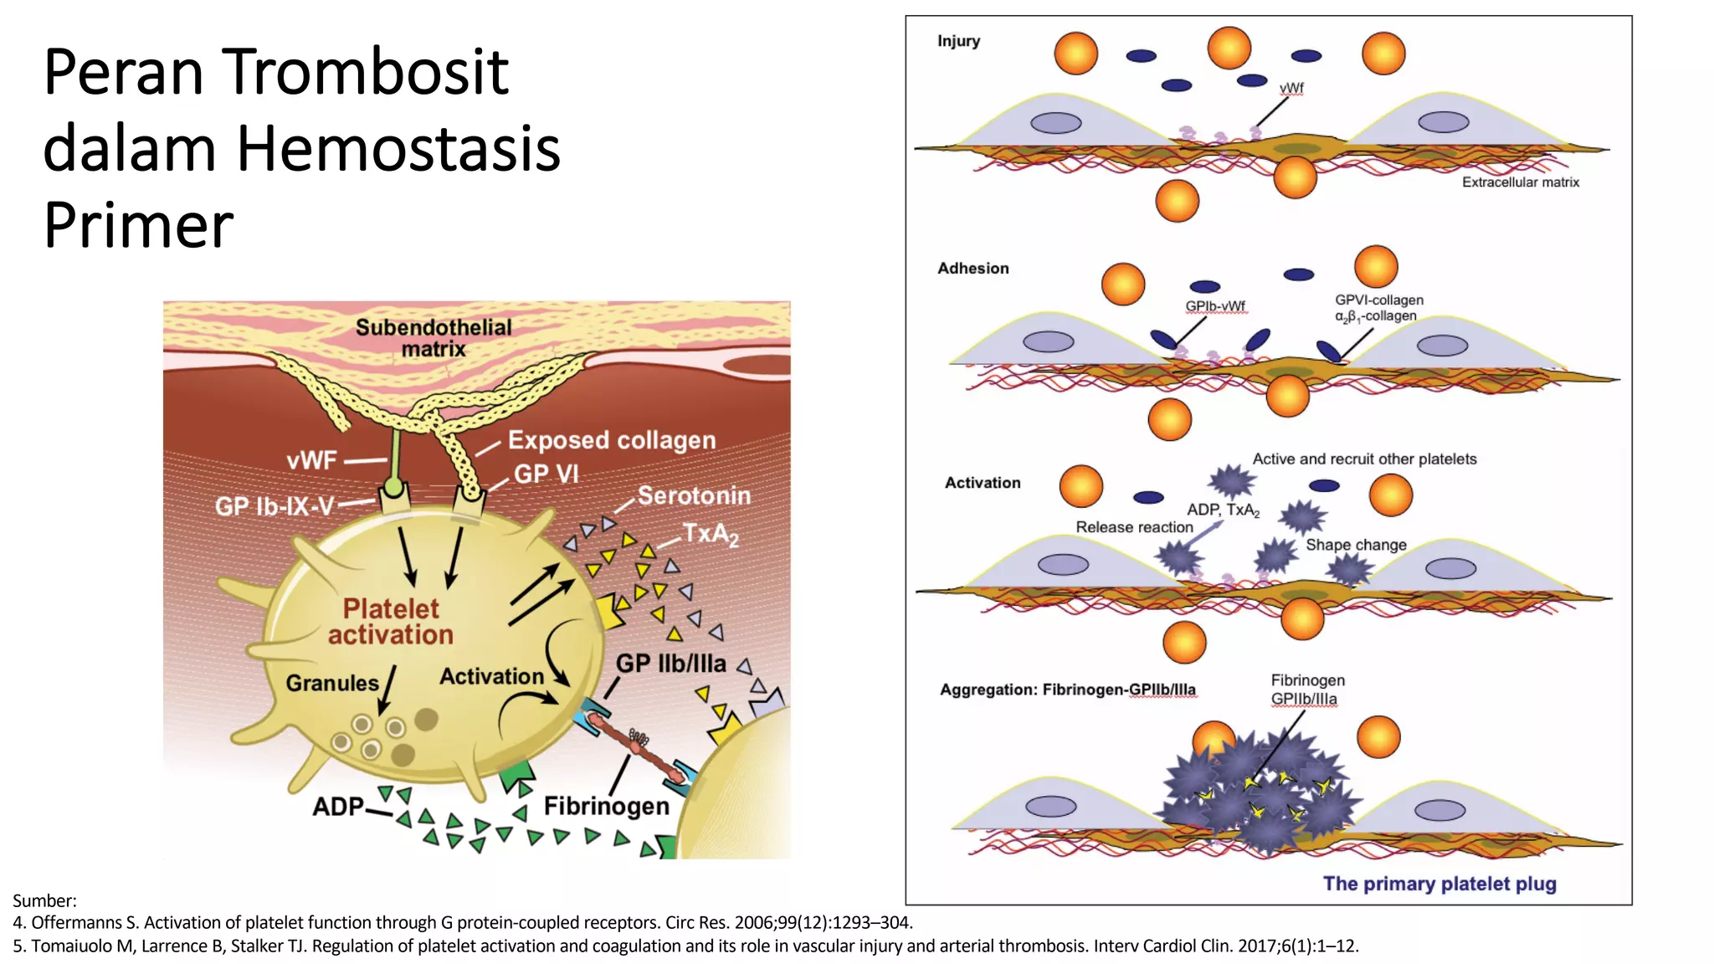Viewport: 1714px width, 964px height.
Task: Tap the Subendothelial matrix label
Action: tap(434, 338)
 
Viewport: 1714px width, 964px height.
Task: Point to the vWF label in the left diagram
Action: tap(311, 460)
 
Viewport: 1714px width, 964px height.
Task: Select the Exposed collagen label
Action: tap(612, 440)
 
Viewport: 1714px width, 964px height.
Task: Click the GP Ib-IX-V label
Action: tap(275, 506)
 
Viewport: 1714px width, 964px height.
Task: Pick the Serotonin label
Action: tap(694, 495)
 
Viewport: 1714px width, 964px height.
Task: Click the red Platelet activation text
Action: tap(391, 622)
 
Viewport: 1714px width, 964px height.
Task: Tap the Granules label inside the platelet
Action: tap(332, 683)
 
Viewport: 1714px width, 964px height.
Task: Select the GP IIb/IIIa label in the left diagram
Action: tap(670, 664)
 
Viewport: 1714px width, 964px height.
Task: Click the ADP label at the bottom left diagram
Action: tap(338, 807)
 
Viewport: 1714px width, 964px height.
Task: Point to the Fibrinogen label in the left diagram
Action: tap(607, 806)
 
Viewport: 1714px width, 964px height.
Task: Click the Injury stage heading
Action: tap(958, 41)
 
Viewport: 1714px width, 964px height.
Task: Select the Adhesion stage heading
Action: tap(972, 269)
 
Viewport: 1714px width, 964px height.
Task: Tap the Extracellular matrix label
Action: tap(1520, 182)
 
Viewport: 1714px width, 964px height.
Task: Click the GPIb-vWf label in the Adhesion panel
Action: tap(1215, 306)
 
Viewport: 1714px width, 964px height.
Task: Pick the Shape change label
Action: tap(1356, 545)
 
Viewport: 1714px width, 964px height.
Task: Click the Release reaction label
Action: tap(1134, 527)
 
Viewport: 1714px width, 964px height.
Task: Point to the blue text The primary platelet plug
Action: tap(1439, 884)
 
